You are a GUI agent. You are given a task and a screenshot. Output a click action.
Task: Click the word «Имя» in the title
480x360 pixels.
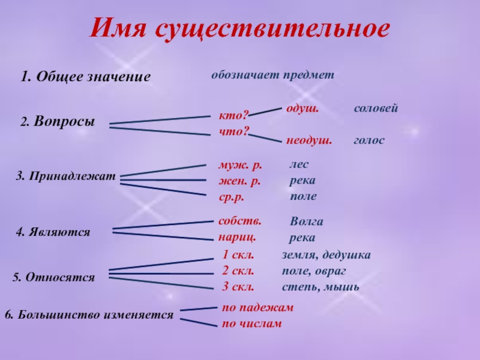coord(119,28)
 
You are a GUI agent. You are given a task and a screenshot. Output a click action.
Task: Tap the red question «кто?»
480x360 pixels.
coord(234,116)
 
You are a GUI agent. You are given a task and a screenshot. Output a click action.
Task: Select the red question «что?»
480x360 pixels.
coord(234,131)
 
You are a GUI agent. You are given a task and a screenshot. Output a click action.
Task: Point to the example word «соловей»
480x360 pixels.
coord(376,108)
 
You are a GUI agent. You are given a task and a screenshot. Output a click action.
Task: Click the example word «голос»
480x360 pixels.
coord(369,140)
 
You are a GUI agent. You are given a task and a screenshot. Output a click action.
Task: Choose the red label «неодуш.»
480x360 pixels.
coord(309,140)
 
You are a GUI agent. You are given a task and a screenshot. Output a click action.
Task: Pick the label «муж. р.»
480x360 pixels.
coord(241,166)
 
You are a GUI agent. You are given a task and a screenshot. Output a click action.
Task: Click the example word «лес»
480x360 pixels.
coord(299,164)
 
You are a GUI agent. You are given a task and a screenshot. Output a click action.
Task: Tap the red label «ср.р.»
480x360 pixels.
coord(232,197)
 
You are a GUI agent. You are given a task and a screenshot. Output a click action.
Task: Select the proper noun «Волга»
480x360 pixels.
coord(307,221)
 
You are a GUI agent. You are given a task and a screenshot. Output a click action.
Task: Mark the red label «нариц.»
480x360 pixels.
coord(237,237)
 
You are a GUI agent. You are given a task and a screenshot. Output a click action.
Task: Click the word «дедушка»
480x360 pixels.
coord(347,255)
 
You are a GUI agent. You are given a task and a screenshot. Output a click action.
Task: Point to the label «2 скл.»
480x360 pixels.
coord(238,271)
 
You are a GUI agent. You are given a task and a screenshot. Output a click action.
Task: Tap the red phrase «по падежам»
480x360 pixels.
coord(257,307)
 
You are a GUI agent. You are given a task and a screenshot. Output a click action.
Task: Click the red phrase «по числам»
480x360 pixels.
coord(251,323)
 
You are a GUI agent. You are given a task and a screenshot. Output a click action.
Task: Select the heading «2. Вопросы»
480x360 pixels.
coord(58,122)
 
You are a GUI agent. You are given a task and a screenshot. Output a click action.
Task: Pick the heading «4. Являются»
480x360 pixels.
coord(53,232)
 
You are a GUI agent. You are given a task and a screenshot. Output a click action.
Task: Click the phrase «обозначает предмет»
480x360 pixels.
coord(273,75)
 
